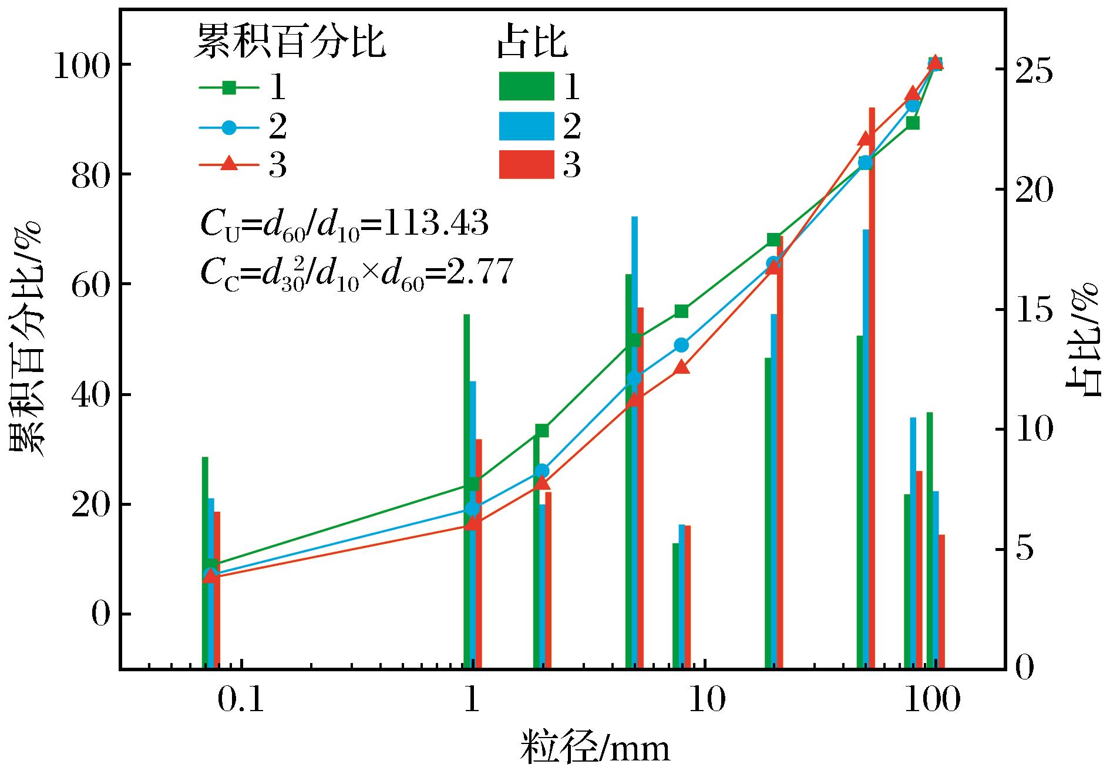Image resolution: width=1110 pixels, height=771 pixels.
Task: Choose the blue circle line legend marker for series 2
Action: [x=230, y=127]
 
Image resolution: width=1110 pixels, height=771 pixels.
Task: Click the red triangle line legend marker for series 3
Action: [x=230, y=165]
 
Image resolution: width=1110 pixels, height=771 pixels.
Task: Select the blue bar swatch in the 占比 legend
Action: [x=526, y=126]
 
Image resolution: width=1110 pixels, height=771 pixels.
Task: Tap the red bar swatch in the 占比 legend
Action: [x=526, y=165]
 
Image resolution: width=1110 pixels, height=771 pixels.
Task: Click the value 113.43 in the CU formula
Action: [x=435, y=225]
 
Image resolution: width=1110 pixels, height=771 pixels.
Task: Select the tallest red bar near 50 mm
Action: [x=872, y=388]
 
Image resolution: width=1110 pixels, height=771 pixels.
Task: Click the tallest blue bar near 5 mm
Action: [x=634, y=442]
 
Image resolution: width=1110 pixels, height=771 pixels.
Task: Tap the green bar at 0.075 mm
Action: [x=205, y=563]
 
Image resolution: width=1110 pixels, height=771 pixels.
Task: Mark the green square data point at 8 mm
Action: [x=681, y=311]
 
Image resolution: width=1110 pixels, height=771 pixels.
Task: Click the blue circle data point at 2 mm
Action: [x=543, y=471]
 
